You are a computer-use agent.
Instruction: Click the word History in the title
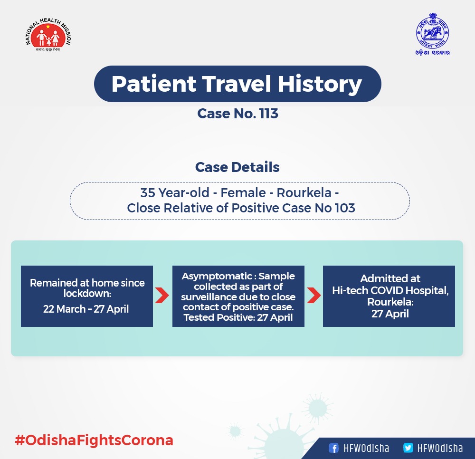pos(320,84)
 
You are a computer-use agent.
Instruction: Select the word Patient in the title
pos(154,84)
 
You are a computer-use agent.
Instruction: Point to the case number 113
pos(268,114)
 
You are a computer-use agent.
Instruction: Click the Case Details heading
pos(237,167)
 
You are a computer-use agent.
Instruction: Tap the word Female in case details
pos(243,193)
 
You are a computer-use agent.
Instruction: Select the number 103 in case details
pos(345,208)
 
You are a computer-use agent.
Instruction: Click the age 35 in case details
pos(148,193)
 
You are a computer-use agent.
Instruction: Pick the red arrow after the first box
pos(162,296)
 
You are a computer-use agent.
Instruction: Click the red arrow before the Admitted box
pos(314,296)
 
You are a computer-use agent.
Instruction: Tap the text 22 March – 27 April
pos(85,309)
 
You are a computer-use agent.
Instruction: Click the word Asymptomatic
pos(217,277)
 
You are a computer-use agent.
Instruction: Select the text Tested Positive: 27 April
pos(238,317)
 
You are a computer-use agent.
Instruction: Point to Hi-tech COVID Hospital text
pos(390,290)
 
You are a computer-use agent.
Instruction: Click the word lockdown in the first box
pos(86,293)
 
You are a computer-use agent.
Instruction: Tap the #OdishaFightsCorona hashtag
pos(94,440)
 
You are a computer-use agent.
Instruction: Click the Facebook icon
pos(333,448)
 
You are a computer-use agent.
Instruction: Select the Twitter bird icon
pos(408,448)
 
